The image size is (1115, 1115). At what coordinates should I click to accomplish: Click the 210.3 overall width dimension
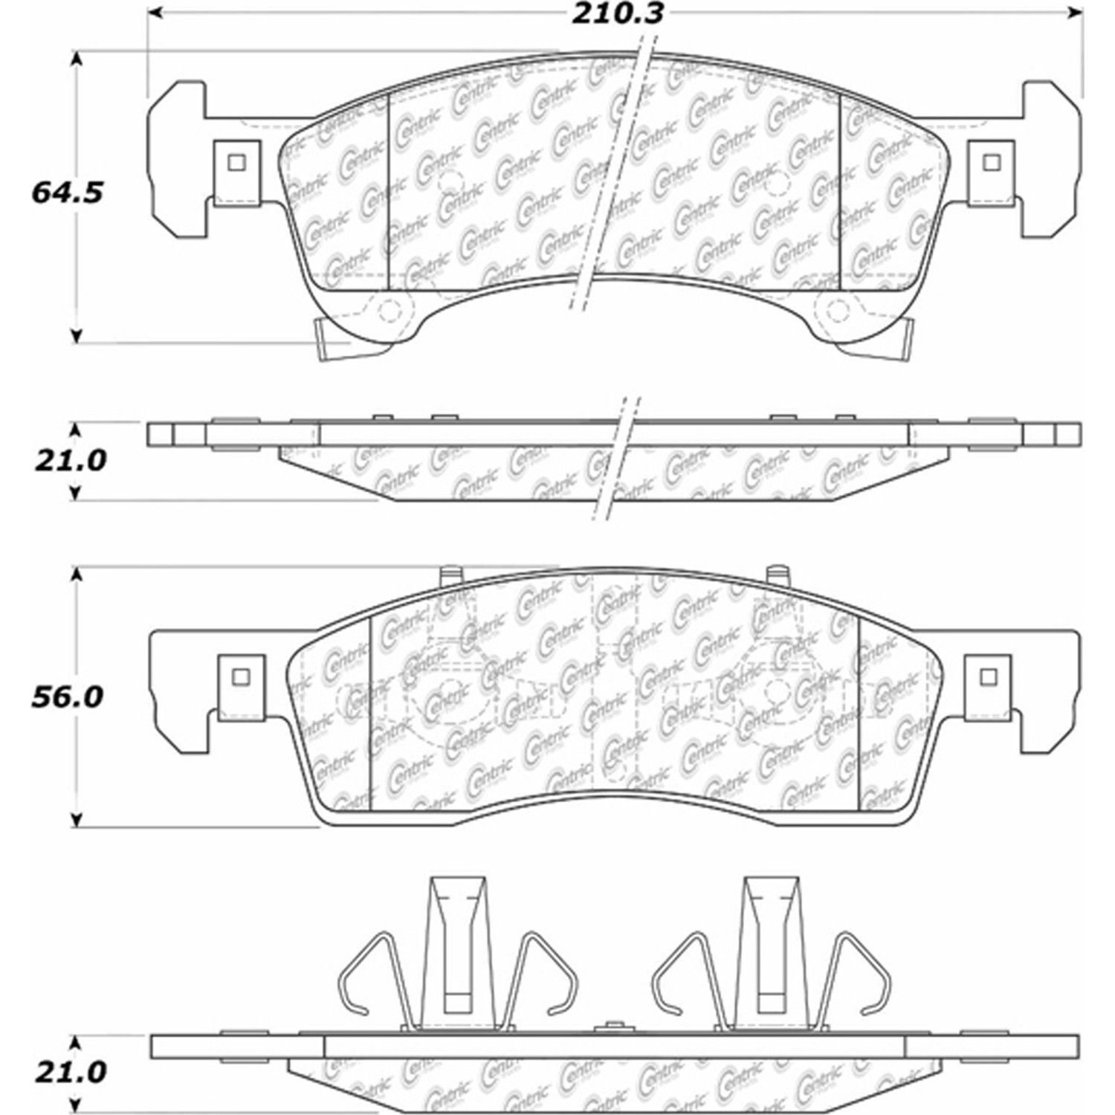tap(616, 14)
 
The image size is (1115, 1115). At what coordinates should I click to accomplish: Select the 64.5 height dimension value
tap(65, 194)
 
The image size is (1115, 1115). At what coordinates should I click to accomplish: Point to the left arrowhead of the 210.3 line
tap(154, 13)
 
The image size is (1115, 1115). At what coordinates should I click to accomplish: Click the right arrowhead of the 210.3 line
tap(1074, 13)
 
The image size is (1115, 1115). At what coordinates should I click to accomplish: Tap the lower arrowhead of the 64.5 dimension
tap(75, 335)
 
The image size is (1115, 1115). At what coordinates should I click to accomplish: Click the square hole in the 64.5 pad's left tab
tap(237, 162)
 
